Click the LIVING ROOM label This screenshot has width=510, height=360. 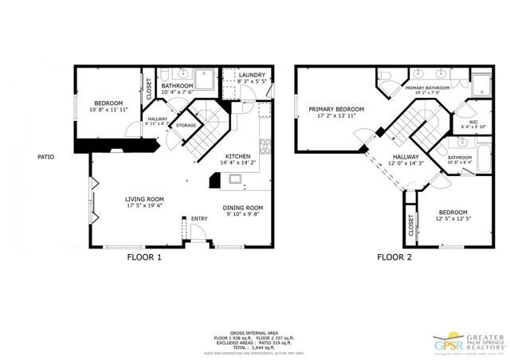tap(144, 199)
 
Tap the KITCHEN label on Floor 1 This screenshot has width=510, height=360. tap(238, 156)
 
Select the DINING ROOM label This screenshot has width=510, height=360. tap(244, 208)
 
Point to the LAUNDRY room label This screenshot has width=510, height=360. tap(253, 76)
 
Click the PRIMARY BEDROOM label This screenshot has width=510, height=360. tap(336, 109)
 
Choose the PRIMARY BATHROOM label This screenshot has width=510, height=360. tap(429, 88)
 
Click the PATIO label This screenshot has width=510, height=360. tap(45, 157)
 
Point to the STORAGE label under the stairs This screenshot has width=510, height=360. tap(186, 125)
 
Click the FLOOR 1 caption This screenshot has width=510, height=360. tap(144, 257)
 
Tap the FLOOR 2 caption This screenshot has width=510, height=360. tap(394, 257)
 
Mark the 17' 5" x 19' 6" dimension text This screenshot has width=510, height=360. tap(144, 208)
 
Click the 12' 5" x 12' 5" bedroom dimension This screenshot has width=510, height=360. tap(454, 219)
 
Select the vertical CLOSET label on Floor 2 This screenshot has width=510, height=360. tap(411, 227)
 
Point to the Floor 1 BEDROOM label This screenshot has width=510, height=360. tap(108, 103)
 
